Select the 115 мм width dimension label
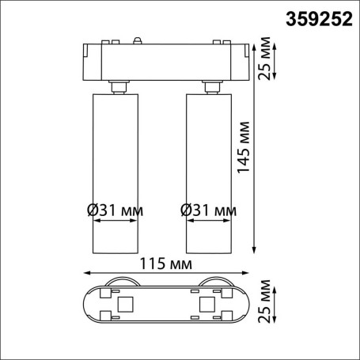[162, 260]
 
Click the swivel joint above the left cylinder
[118, 85]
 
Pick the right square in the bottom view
[207, 304]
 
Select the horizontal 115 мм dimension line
[163, 271]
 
